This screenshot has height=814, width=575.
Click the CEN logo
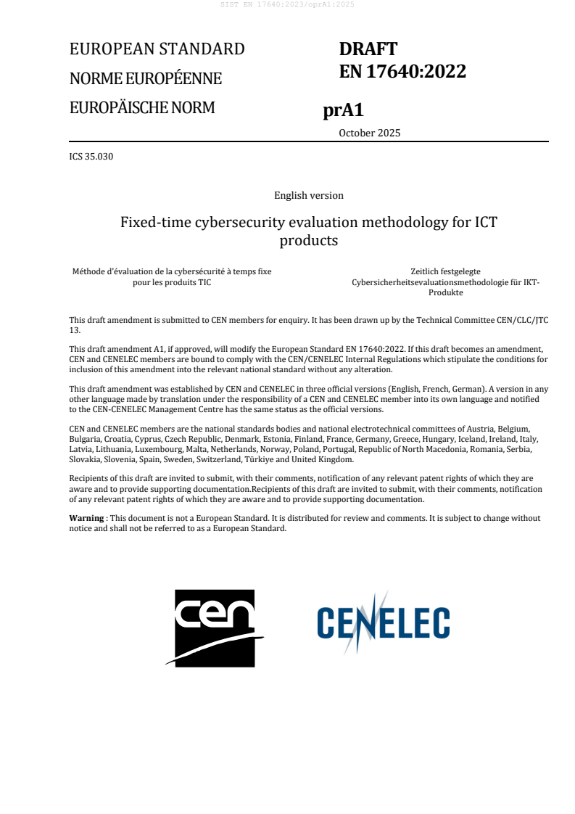coord(215,627)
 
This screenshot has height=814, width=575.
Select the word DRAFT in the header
coord(368,49)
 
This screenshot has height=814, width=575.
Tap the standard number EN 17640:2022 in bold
coord(402,71)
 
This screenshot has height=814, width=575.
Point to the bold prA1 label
coord(343,111)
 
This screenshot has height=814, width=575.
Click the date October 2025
coord(369,133)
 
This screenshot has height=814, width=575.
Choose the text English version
coord(309,195)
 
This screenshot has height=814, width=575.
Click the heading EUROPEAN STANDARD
coord(157,49)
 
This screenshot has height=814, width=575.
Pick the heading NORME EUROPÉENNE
coord(146,78)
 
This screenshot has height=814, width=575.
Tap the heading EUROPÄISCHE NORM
coord(142,108)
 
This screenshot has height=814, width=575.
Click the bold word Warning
coord(86,518)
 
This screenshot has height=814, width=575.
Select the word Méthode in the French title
coord(88,271)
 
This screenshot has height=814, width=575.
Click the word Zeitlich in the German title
coord(426,271)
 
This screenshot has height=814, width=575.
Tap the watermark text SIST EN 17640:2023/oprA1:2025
coord(287,4)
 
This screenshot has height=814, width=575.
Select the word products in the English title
coord(309,240)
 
